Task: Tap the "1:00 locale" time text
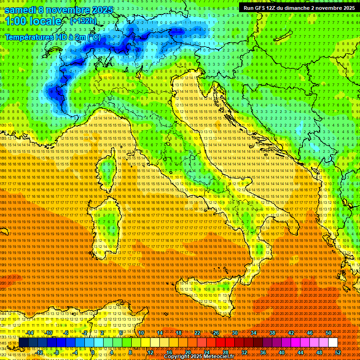(x=33, y=21)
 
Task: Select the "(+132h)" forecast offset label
(x=83, y=21)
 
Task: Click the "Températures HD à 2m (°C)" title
(x=52, y=37)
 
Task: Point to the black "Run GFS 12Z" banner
(x=299, y=7)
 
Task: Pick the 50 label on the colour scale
(x=328, y=333)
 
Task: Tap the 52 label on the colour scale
(x=338, y=352)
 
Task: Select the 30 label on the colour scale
(x=234, y=333)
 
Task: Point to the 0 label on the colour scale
(x=93, y=352)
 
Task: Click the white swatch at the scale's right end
(x=333, y=342)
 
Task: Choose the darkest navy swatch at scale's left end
(x=23, y=342)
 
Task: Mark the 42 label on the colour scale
(x=291, y=333)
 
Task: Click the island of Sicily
(x=206, y=295)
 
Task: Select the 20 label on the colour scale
(x=187, y=352)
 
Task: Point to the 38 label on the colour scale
(x=272, y=333)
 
